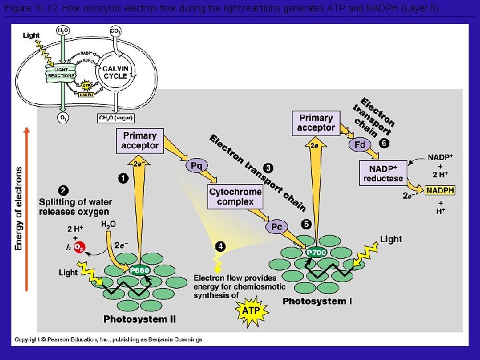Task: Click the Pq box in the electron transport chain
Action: [197, 165]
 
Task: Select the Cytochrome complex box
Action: [235, 197]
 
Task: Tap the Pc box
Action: [277, 227]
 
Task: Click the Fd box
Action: [360, 144]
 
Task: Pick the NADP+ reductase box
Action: [383, 173]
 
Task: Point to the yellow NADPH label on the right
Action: [441, 190]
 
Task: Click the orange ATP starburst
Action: [251, 311]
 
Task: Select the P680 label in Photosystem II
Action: [139, 270]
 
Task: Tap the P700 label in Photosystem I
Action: [316, 253]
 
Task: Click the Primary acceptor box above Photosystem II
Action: [140, 141]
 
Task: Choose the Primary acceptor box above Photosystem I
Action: [315, 123]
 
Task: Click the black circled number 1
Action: [123, 177]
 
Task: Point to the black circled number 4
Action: [221, 247]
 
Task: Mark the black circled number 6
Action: [383, 143]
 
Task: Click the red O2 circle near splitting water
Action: [79, 247]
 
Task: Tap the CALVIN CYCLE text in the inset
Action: [115, 72]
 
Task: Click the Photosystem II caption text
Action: [140, 319]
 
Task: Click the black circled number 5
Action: [306, 225]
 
